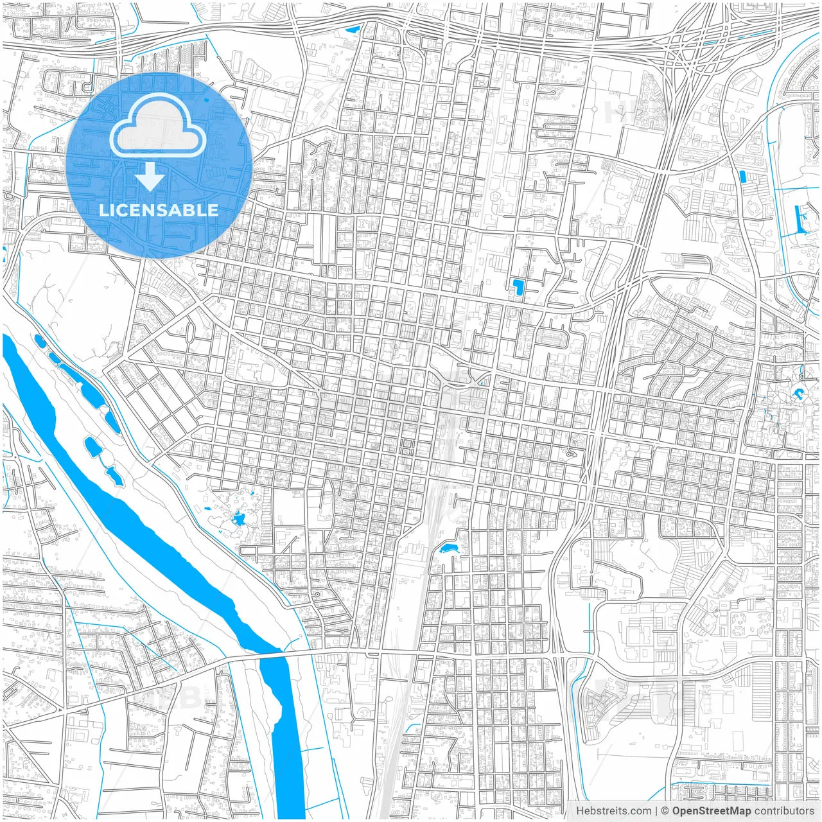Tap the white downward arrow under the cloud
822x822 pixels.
point(150,177)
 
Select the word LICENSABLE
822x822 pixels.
point(159,210)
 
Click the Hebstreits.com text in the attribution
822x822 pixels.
point(613,811)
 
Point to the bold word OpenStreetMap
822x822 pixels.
point(711,811)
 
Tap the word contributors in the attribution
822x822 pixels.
point(784,811)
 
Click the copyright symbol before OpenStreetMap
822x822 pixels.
point(665,811)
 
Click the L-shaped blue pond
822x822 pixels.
point(518,286)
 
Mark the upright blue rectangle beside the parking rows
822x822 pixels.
point(743,177)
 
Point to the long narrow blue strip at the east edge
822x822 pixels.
point(801,218)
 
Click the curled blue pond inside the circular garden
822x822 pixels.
point(798,393)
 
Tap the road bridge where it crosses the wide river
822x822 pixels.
point(273,656)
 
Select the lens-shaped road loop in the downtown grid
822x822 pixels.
point(462,379)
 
